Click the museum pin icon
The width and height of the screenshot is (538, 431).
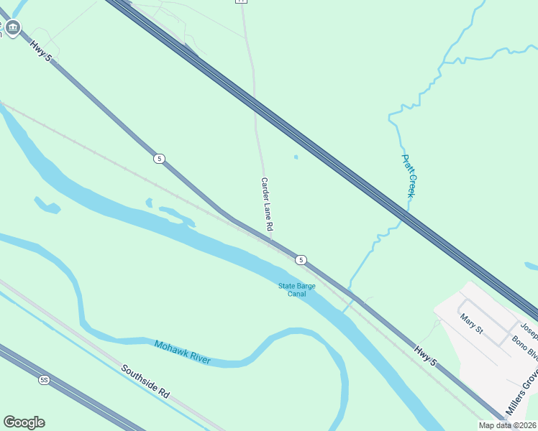pyautogui.click(x=12, y=28)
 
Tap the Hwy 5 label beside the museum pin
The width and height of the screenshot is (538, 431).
pyautogui.click(x=41, y=50)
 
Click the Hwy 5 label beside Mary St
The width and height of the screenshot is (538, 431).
pyautogui.click(x=425, y=358)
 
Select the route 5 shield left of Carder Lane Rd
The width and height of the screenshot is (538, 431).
pyautogui.click(x=159, y=158)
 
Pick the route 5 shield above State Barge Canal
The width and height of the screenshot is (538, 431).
pyautogui.click(x=301, y=259)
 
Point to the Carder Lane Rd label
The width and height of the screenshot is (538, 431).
pyautogui.click(x=266, y=204)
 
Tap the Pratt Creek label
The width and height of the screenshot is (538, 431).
pyautogui.click(x=408, y=176)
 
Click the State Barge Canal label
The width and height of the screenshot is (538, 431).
pyautogui.click(x=297, y=289)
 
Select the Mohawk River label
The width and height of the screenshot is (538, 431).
pyautogui.click(x=182, y=352)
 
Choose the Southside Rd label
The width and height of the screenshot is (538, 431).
pyautogui.click(x=145, y=381)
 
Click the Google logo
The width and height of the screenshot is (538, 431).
pyautogui.click(x=24, y=422)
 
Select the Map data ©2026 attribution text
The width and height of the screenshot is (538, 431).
pyautogui.click(x=507, y=425)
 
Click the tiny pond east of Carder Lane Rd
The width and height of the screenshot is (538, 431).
pyautogui.click(x=296, y=157)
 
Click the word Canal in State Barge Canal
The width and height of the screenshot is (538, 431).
pyautogui.click(x=297, y=294)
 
